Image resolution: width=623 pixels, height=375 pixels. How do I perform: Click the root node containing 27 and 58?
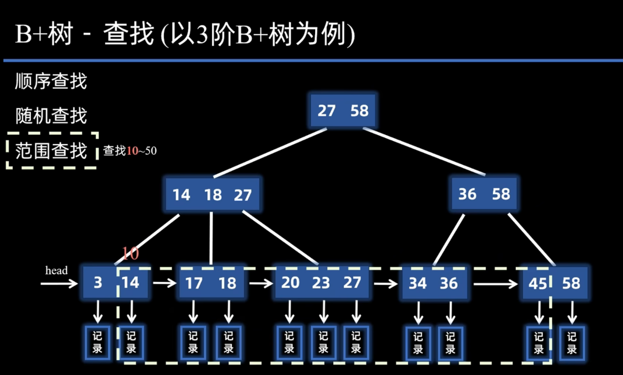(x=343, y=111)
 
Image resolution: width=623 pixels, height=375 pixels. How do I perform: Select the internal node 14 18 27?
(x=212, y=195)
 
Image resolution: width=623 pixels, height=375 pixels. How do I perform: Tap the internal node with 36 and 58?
(x=484, y=194)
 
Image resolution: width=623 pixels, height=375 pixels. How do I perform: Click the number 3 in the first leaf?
(x=98, y=283)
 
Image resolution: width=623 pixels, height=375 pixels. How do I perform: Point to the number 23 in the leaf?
(x=321, y=283)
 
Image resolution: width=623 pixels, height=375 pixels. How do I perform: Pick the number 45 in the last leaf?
(x=538, y=283)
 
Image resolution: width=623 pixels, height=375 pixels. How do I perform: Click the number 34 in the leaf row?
(x=417, y=283)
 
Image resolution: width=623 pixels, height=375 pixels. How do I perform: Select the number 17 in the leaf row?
(x=194, y=283)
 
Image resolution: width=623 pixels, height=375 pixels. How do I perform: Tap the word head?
(x=57, y=271)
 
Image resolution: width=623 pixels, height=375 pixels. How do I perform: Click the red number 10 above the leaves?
(x=130, y=254)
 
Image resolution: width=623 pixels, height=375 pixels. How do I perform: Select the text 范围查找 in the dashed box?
(x=51, y=151)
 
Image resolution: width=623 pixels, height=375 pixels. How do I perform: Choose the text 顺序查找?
(x=51, y=81)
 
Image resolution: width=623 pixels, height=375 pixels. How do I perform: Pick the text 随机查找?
(x=51, y=116)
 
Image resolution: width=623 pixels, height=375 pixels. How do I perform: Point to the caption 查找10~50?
(x=130, y=151)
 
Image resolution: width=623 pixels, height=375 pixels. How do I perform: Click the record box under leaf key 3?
(x=98, y=342)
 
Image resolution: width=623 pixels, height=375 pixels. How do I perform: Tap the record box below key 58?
(x=571, y=342)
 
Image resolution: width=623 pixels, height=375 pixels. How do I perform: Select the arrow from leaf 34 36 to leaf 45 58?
(x=495, y=283)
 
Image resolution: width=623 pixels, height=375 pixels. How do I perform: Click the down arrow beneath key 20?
(x=290, y=311)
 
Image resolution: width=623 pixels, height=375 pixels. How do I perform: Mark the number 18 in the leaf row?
(x=227, y=283)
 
